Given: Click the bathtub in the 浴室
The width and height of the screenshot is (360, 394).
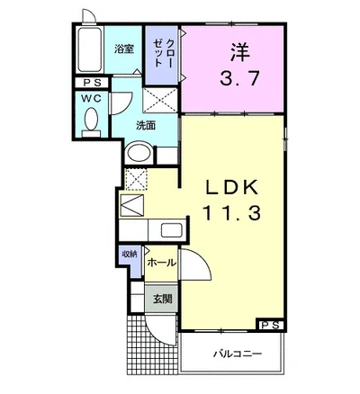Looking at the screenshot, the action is pyautogui.click(x=89, y=49).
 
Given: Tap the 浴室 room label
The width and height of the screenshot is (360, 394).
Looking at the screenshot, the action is pyautogui.click(x=124, y=49).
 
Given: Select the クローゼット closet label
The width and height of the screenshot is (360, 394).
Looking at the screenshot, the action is pyautogui.click(x=163, y=53).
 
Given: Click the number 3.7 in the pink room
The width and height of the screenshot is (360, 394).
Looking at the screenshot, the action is pyautogui.click(x=239, y=78).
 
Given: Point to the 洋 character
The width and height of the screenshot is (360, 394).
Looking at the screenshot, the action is pyautogui.click(x=240, y=52).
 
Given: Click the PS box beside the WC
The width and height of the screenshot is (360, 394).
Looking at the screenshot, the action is pyautogui.click(x=91, y=83).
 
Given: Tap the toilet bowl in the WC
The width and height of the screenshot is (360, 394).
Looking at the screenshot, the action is pyautogui.click(x=91, y=119).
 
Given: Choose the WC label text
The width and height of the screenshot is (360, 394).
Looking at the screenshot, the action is pyautogui.click(x=91, y=98).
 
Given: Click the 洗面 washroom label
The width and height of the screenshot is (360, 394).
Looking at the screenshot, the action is pyautogui.click(x=146, y=125).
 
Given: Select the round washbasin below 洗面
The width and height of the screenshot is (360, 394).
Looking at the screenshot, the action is pyautogui.click(x=139, y=153).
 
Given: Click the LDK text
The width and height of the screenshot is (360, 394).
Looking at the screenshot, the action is pyautogui.click(x=231, y=188).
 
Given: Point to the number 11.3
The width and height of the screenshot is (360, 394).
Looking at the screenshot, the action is pyautogui.click(x=231, y=213).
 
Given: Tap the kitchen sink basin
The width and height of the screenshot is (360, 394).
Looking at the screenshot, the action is pyautogui.click(x=171, y=230).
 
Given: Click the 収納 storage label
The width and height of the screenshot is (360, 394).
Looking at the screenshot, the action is pyautogui.click(x=130, y=254).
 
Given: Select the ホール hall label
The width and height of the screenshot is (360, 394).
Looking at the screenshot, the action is pyautogui.click(x=161, y=263).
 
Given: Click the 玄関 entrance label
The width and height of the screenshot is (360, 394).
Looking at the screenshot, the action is pyautogui.click(x=162, y=299).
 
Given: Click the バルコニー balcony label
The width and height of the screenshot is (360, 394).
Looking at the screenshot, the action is pyautogui.click(x=238, y=354).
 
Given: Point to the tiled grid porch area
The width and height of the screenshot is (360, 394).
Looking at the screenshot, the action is pyautogui.click(x=145, y=345).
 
